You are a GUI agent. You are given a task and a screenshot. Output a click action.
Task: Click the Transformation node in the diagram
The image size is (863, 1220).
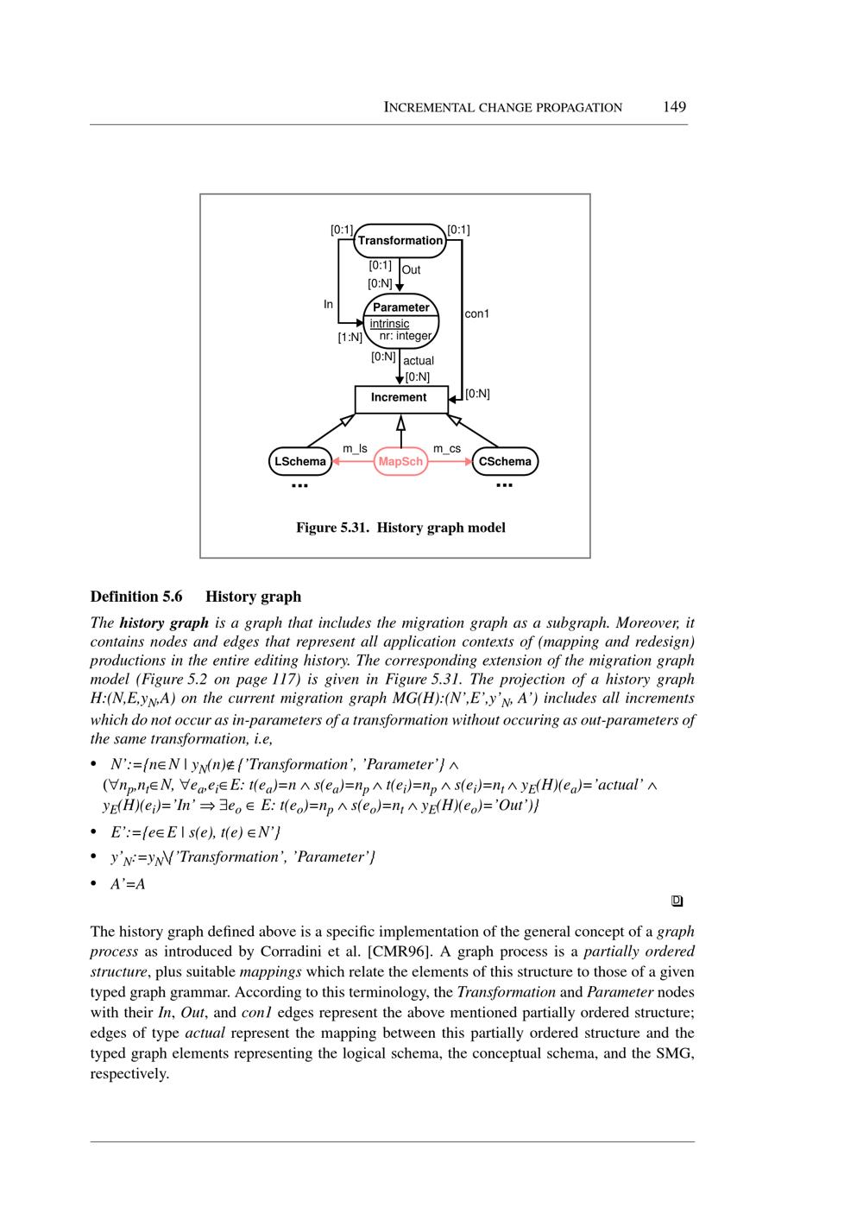400,241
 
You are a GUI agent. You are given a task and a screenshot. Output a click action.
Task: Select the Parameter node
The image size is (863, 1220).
401,307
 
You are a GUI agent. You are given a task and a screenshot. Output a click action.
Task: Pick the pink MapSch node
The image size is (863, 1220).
401,462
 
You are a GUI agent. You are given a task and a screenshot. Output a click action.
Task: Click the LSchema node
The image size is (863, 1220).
299,462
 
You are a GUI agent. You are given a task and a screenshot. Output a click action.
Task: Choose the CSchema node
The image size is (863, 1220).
505,462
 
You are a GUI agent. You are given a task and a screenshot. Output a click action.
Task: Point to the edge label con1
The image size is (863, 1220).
476,314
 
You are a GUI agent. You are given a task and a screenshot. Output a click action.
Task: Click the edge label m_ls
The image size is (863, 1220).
355,449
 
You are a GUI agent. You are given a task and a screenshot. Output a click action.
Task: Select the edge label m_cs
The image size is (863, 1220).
447,449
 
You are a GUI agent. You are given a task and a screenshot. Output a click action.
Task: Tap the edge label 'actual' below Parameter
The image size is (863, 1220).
419,361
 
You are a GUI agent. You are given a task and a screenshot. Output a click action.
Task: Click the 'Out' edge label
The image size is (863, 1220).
411,270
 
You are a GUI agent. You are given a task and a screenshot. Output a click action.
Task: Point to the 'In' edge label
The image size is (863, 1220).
328,305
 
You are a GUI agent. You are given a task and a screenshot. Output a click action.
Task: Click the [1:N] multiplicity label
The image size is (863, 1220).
350,338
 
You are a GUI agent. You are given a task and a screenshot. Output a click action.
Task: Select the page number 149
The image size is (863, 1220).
674,107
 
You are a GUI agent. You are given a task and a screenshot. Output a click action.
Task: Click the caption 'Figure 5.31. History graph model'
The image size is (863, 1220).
400,528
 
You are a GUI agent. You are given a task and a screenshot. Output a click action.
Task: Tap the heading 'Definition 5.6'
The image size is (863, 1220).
136,597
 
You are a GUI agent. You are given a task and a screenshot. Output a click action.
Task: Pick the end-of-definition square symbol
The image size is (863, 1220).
677,901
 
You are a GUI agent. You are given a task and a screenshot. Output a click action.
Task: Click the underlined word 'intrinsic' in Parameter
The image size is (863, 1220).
389,324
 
